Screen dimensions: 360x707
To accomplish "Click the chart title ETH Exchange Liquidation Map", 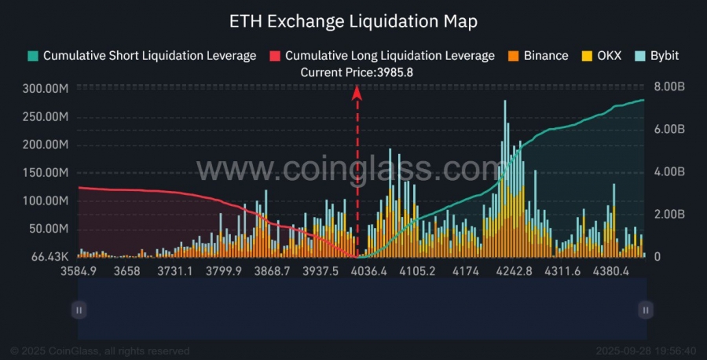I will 353,21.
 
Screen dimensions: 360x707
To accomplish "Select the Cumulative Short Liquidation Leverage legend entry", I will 149,56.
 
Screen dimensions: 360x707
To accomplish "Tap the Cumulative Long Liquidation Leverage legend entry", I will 390,56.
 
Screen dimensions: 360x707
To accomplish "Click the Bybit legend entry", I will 664,56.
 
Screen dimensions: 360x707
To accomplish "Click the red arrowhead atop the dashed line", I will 357,92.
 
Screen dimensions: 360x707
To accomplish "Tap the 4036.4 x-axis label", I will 368,272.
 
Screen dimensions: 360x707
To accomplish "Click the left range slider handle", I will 79,310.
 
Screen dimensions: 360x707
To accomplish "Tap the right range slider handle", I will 645,310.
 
